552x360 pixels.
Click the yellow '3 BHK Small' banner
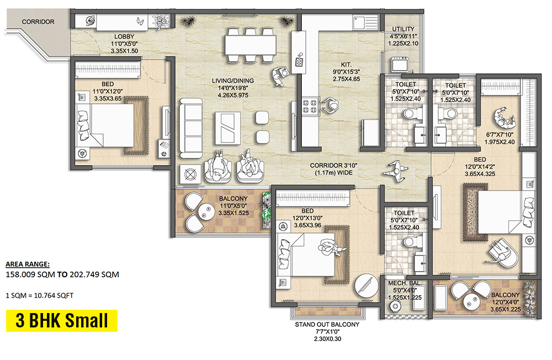[x=61, y=321]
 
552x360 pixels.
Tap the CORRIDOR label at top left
[x=38, y=22]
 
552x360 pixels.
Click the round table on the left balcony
[x=207, y=209]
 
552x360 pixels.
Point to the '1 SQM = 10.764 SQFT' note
[x=39, y=295]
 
